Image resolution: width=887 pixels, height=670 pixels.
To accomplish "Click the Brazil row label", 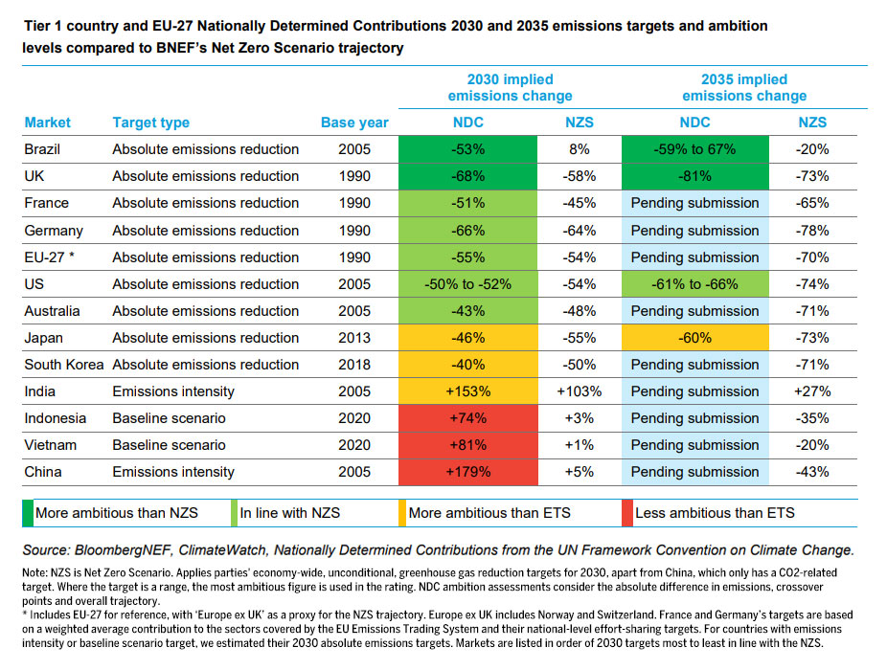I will [x=44, y=149].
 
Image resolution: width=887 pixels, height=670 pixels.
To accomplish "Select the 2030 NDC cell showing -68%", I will [x=468, y=176].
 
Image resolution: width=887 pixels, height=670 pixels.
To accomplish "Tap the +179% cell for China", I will [x=468, y=472].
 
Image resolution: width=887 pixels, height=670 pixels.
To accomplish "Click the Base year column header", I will [x=354, y=123].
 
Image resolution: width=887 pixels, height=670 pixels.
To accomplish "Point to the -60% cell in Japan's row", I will [x=694, y=338].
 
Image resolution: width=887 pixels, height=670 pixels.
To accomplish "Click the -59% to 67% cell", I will [x=694, y=149].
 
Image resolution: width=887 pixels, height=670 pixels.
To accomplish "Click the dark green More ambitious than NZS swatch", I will [x=30, y=513].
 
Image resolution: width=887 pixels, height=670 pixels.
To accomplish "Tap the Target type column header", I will [x=150, y=123].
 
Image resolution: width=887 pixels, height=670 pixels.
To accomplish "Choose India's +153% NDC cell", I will [x=468, y=391].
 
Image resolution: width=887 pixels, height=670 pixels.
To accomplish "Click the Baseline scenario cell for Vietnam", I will [x=169, y=445].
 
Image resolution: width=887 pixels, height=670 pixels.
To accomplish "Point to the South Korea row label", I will [x=64, y=365].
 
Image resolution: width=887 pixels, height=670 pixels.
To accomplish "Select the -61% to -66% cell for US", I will [x=694, y=284].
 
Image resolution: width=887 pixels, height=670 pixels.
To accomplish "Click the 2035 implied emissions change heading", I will [x=744, y=87].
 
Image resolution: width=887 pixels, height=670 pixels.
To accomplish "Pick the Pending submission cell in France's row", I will [x=694, y=203].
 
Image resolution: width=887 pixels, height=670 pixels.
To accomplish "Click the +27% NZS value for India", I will [x=812, y=391].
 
